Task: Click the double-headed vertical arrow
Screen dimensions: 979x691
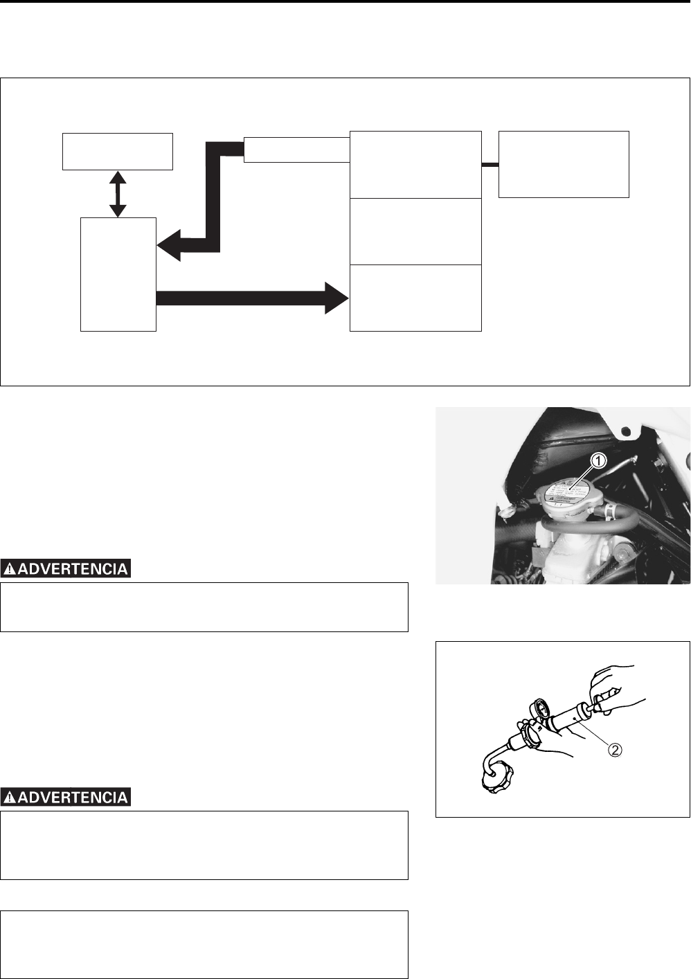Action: point(118,194)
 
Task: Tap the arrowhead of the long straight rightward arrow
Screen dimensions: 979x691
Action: point(336,298)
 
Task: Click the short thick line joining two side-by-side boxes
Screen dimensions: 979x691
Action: point(490,165)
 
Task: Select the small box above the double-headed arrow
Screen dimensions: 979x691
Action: point(117,151)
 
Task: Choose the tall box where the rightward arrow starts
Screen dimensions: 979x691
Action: point(118,274)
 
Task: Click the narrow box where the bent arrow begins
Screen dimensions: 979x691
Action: point(296,150)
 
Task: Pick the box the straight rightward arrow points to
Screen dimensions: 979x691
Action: point(415,298)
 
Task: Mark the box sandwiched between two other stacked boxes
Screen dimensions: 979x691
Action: point(415,231)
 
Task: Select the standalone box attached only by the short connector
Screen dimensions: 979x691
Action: point(564,164)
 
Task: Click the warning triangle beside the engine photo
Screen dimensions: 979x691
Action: point(10,569)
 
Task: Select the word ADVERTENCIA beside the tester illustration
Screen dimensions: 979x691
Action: point(73,798)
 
